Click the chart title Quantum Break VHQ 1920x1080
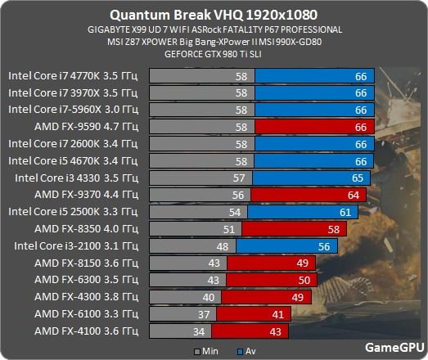coord(214,15)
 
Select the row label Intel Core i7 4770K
coord(74,74)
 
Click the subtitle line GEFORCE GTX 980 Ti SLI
coord(214,55)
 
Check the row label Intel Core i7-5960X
coord(74,109)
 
